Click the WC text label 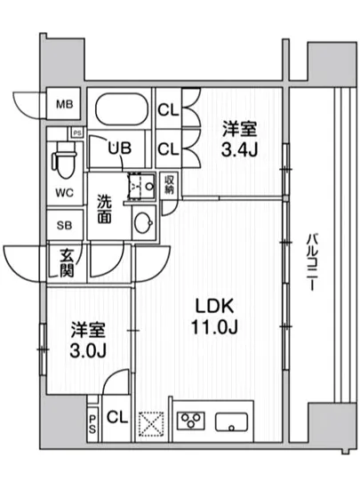(65, 191)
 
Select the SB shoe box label (65, 225)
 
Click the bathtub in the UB (120, 112)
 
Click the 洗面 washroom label (104, 207)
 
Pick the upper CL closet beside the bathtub (167, 111)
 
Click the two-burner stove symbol (189, 421)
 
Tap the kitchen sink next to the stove (232, 422)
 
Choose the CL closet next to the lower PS (116, 417)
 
